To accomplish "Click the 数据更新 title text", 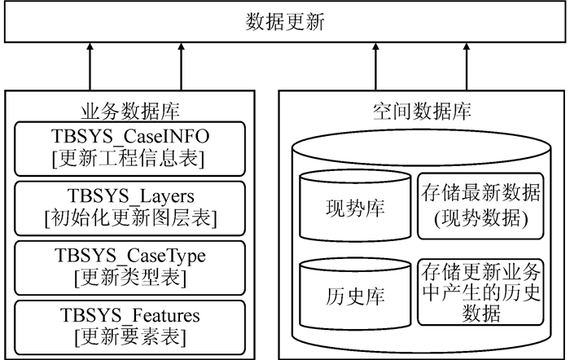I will click(285, 22).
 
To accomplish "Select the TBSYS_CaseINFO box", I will click(131, 147).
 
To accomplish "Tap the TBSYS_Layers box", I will click(131, 207).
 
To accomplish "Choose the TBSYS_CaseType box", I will click(131, 266).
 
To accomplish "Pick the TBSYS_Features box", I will click(131, 325).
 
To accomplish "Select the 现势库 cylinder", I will click(353, 208).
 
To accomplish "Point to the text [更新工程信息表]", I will click(131, 157).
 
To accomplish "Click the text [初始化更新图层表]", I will click(131, 217).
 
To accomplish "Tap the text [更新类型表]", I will click(131, 277).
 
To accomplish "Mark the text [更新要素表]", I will click(131, 336).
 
